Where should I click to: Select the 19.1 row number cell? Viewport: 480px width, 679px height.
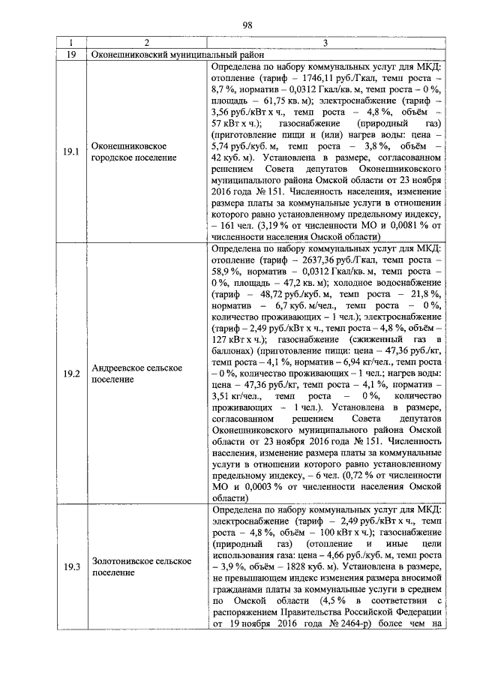pyautogui.click(x=72, y=151)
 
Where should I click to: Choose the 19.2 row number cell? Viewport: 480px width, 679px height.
pyautogui.click(x=72, y=373)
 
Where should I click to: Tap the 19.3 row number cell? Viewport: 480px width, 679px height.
pyautogui.click(x=72, y=566)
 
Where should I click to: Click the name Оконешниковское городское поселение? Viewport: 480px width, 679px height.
pyautogui.click(x=133, y=151)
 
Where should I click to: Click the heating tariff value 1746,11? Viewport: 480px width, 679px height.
pyautogui.click(x=311, y=77)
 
